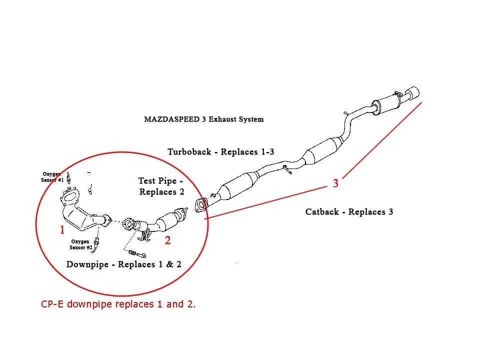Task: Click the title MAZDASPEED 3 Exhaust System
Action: click(x=203, y=119)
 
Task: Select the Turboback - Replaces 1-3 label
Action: click(x=220, y=151)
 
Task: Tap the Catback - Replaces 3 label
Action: click(x=349, y=212)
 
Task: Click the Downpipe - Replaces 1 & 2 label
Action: click(x=124, y=264)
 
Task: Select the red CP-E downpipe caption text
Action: click(x=118, y=303)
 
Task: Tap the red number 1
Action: click(x=62, y=230)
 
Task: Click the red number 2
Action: click(x=168, y=240)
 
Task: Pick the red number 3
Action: click(x=335, y=183)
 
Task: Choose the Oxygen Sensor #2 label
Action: click(x=81, y=243)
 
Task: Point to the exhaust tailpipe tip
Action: click(x=413, y=93)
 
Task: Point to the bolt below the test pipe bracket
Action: click(x=134, y=250)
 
